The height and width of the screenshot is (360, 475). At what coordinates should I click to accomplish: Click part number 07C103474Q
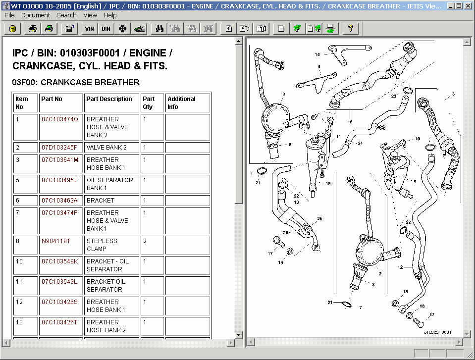[60, 119]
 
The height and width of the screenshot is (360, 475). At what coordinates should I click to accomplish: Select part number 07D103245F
[59, 148]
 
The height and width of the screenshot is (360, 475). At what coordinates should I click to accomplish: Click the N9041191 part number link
[55, 241]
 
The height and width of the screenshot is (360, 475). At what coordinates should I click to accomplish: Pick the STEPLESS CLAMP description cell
[102, 245]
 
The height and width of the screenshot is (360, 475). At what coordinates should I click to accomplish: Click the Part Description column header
[109, 99]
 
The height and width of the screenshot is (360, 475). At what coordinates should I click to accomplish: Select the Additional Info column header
[181, 103]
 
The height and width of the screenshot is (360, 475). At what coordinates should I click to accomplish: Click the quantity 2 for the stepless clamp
[145, 241]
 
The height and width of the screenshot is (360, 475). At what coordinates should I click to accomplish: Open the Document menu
[36, 15]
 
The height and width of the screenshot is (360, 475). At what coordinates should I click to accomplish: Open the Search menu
[66, 15]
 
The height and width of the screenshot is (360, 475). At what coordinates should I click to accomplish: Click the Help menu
[110, 15]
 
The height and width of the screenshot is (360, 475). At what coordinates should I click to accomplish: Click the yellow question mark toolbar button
[350, 29]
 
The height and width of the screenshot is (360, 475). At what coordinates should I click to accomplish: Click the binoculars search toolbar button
[159, 29]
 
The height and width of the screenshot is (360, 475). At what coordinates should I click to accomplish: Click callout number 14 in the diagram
[317, 54]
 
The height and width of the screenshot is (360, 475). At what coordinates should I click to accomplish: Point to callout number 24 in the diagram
[360, 144]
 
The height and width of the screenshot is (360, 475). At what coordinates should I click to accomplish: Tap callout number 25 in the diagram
[319, 218]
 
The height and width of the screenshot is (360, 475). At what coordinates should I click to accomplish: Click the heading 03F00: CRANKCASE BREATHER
[76, 82]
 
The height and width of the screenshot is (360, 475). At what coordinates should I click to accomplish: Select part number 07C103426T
[59, 322]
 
